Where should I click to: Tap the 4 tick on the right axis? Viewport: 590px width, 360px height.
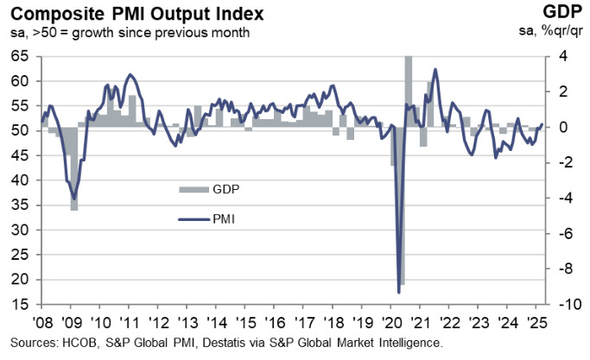pyautogui.click(x=561, y=56)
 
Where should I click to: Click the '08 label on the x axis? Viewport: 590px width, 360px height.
pyautogui.click(x=41, y=321)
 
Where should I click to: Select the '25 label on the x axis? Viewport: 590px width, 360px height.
pyautogui.click(x=536, y=321)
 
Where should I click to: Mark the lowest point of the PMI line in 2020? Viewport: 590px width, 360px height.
pyautogui.click(x=399, y=292)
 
